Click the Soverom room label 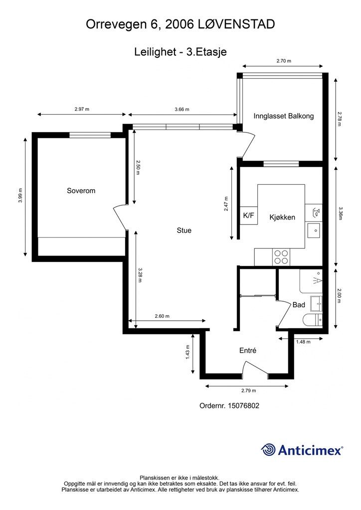[81, 191]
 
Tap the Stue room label [184, 231]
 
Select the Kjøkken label [282, 217]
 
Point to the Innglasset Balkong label [283, 116]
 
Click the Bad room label [299, 305]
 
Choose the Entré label [248, 351]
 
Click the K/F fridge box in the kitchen [248, 216]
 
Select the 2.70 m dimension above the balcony [283, 61]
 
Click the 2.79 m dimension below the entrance [248, 391]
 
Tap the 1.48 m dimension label [303, 342]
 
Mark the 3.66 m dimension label [181, 110]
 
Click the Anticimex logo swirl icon [269, 450]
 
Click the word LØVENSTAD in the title [238, 24]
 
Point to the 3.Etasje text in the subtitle [206, 51]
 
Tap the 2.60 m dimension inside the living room [162, 316]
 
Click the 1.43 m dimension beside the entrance [188, 353]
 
